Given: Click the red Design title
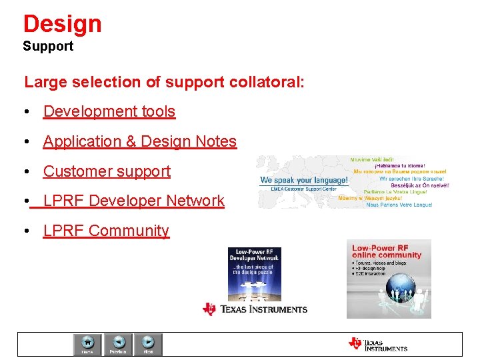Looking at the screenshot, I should click(x=62, y=24).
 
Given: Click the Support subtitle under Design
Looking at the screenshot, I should click(x=48, y=47).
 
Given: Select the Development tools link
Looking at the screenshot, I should click(x=109, y=111).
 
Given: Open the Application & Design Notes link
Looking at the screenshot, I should click(x=139, y=141).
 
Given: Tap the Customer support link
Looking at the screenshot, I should click(x=107, y=171).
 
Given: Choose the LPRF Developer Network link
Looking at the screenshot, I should click(x=133, y=201).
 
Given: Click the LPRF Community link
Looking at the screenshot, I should click(x=106, y=231).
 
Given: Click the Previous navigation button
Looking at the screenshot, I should click(x=118, y=344).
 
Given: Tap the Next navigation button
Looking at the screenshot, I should click(x=148, y=344).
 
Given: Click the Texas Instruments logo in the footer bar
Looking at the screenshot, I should click(x=377, y=344).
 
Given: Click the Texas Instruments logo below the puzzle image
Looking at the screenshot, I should click(x=255, y=309).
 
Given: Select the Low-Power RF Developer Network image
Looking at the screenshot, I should click(x=255, y=273).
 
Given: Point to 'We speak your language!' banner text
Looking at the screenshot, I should click(x=303, y=180).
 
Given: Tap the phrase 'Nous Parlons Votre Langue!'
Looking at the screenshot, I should click(x=399, y=205).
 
